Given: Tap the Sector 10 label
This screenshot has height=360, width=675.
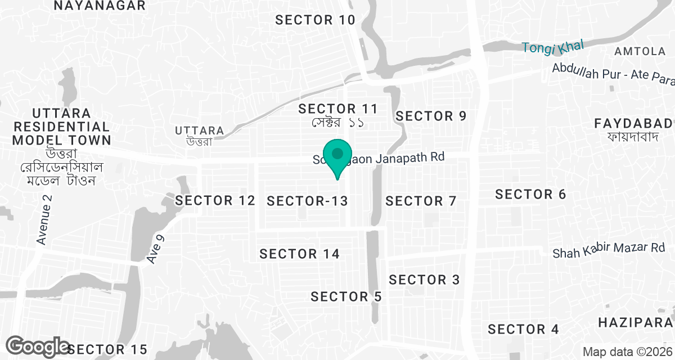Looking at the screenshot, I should pos(315,20).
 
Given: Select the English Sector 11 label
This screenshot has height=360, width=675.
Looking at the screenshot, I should pos(337,109).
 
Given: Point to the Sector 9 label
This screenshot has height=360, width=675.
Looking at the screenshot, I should pos(431,116).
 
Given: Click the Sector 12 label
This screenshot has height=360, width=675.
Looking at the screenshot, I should pos(215,200).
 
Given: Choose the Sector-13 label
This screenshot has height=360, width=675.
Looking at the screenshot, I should pos(307,201).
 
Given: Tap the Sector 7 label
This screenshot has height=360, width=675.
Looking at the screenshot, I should pos(421,201).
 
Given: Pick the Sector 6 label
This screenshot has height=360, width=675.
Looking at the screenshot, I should pos(530,195).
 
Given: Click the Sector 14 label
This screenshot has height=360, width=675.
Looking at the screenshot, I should pos(299,254).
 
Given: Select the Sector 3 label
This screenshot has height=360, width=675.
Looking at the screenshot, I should pos(424,280).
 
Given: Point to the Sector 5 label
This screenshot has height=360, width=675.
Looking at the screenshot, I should pos(346,296).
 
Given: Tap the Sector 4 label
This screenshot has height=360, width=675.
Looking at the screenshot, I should pos(524,329).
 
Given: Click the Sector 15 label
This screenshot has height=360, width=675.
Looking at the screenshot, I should pos(110,349).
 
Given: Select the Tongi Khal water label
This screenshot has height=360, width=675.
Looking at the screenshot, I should pos(553,47).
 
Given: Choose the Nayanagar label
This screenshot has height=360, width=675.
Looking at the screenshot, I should pos(100,6).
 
